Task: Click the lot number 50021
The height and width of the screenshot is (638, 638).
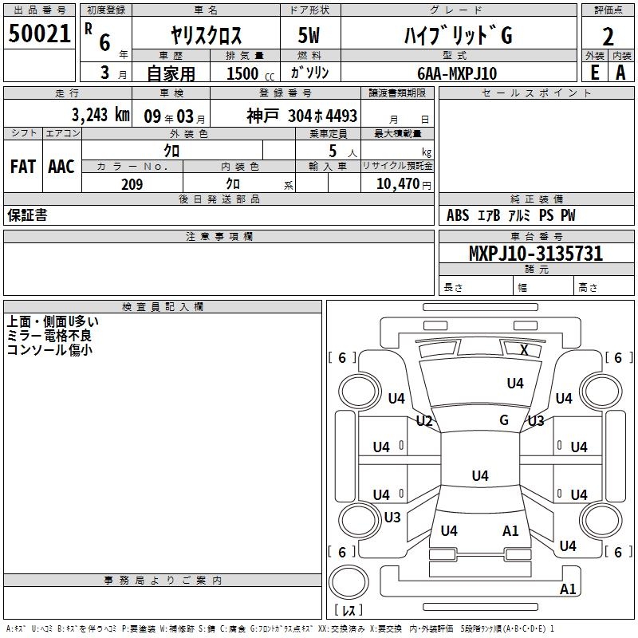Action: (x=39, y=33)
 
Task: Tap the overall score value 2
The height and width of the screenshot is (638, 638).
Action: (x=608, y=36)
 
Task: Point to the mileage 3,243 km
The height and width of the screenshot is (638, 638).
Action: (x=100, y=115)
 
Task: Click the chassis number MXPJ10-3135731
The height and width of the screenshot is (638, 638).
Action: (x=535, y=254)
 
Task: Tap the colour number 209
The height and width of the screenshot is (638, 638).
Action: (x=132, y=184)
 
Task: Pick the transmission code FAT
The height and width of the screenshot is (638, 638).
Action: (x=22, y=166)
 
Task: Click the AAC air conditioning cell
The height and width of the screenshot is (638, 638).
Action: (x=61, y=166)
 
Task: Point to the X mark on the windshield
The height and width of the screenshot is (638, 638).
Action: (x=524, y=349)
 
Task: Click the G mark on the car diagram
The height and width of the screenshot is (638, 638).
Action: (x=504, y=419)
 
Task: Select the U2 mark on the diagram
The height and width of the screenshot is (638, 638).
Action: (x=424, y=420)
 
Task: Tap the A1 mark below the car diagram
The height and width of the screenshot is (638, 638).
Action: (x=568, y=589)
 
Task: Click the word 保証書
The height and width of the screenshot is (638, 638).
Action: (x=27, y=215)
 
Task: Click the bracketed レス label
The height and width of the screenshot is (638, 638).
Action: (x=348, y=611)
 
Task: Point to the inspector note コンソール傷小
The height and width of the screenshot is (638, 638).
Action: (x=49, y=349)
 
